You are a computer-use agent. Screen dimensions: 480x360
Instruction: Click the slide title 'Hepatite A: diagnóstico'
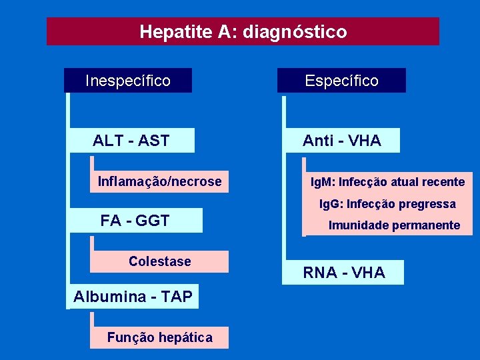[x=243, y=31]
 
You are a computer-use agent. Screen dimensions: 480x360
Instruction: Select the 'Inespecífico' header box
[x=128, y=81]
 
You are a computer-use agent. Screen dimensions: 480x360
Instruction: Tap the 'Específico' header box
[x=341, y=81]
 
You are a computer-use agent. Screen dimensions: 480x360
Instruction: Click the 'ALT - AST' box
[x=131, y=141]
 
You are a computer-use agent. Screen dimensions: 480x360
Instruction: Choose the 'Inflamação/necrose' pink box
[x=159, y=181]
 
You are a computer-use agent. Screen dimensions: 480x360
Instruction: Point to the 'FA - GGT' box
[x=135, y=221]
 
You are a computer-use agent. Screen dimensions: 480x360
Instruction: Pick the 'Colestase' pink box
[x=159, y=261]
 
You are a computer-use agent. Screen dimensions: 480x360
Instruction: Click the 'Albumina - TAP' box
[x=133, y=297]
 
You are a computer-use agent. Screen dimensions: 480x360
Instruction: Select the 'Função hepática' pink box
[x=159, y=337]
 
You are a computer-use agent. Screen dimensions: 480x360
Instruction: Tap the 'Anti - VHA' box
[x=341, y=141]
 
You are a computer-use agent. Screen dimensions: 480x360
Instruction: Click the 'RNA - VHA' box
[x=344, y=272]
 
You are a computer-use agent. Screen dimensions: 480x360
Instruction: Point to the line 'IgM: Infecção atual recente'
[x=388, y=181]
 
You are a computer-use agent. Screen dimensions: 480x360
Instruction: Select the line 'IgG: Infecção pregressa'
[x=387, y=203]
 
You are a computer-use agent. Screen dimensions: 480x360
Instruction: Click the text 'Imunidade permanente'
[x=394, y=225]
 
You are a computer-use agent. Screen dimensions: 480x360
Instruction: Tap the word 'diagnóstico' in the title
[x=295, y=31]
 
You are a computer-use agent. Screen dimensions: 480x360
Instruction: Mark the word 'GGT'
[x=153, y=221]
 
